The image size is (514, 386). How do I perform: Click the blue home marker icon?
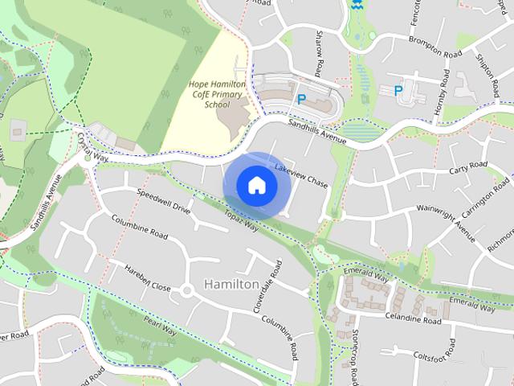(256, 186)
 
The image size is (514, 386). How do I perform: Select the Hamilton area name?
(231, 285)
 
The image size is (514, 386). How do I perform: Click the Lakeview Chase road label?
(301, 176)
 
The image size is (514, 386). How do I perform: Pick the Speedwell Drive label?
(163, 202)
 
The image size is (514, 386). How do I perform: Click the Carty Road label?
(468, 167)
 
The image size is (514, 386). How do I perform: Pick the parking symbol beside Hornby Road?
(398, 91)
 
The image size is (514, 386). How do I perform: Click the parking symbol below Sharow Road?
(302, 100)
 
